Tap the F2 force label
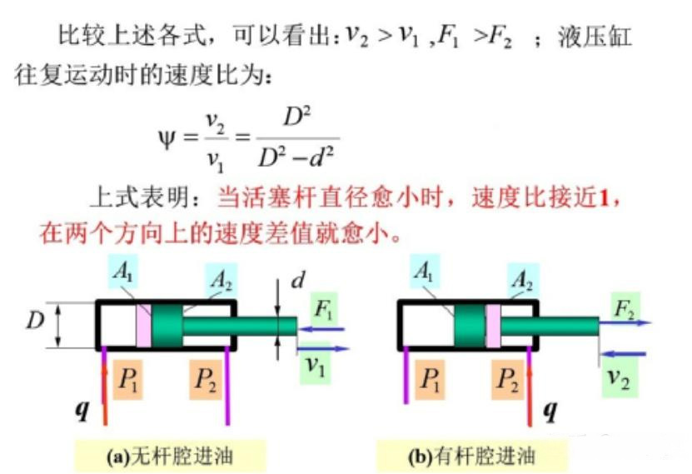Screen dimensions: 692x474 coord(625,308)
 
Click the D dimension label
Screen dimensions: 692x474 coord(35,320)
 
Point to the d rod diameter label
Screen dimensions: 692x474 coord(298,279)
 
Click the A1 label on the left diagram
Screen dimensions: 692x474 coord(122,271)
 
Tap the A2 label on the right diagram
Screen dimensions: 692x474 coord(522,279)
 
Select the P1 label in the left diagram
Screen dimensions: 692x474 coord(127,379)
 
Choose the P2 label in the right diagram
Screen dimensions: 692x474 coord(506,379)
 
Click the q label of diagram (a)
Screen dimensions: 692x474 coord(82,410)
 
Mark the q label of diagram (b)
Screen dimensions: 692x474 coord(550,411)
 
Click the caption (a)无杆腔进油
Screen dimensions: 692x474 coord(170,456)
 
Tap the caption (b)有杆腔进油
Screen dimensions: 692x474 coord(471,456)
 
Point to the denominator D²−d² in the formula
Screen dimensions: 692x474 coord(296,157)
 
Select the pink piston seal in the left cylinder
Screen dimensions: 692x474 coord(143,326)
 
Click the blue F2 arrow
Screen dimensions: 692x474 coord(625,322)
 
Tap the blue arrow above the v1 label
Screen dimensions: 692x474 coord(323,349)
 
